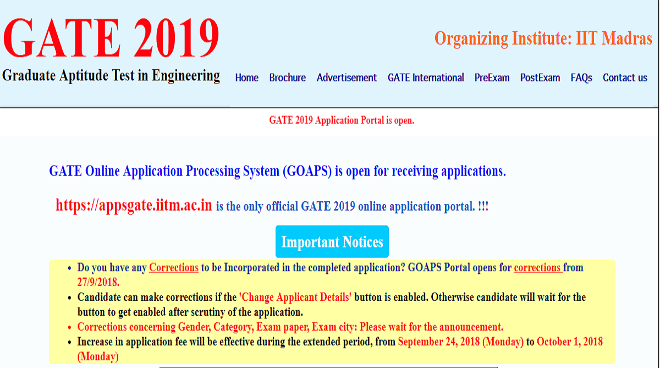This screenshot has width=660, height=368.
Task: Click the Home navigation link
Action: pyautogui.click(x=246, y=78)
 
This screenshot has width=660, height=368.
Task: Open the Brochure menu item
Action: pyautogui.click(x=287, y=78)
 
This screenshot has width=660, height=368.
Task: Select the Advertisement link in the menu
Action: pyautogui.click(x=346, y=78)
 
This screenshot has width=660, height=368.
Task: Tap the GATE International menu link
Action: pyautogui.click(x=426, y=78)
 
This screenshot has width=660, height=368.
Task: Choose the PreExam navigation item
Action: pyautogui.click(x=492, y=78)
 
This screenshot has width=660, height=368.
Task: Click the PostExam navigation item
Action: pyautogui.click(x=540, y=78)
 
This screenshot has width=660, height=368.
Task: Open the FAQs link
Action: pyautogui.click(x=581, y=78)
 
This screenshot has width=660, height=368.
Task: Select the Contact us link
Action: pyautogui.click(x=625, y=78)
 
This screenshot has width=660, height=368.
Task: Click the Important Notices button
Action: pyautogui.click(x=332, y=241)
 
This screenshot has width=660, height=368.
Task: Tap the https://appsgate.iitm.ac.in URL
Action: pyautogui.click(x=134, y=205)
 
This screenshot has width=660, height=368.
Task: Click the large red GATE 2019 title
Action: pyautogui.click(x=111, y=37)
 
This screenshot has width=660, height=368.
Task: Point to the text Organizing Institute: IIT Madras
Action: pyautogui.click(x=543, y=39)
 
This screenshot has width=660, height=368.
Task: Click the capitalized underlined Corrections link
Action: pyautogui.click(x=174, y=267)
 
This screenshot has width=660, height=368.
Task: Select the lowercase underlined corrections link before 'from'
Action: pyautogui.click(x=538, y=267)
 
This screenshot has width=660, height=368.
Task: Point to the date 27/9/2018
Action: pyautogui.click(x=98, y=282)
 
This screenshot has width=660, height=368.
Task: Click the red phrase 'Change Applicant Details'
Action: pyautogui.click(x=295, y=297)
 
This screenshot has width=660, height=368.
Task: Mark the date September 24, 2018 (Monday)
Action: pyautogui.click(x=460, y=342)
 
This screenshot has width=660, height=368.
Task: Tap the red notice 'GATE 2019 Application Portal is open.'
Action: pyautogui.click(x=342, y=120)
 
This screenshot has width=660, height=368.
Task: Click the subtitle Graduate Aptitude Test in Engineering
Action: pyautogui.click(x=111, y=76)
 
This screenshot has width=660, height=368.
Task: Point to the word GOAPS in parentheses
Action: pyautogui.click(x=307, y=171)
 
